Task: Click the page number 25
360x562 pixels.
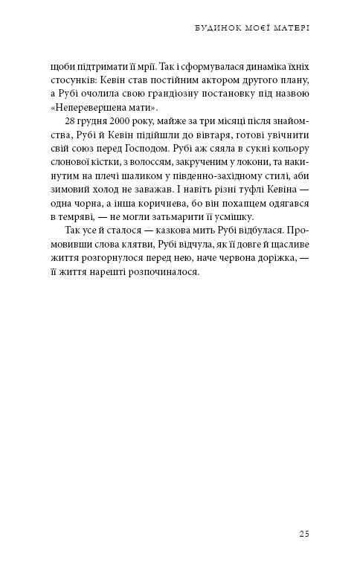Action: [x=303, y=533]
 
